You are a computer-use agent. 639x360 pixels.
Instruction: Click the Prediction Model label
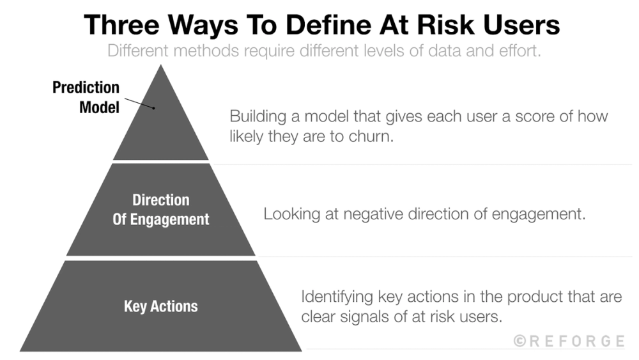[86, 97]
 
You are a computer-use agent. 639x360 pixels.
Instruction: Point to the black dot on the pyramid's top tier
[154, 108]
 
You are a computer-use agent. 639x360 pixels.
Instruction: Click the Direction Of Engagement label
[161, 210]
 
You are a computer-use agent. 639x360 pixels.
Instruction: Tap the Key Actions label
[161, 306]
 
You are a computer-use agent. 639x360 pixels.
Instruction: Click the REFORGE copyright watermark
[569, 341]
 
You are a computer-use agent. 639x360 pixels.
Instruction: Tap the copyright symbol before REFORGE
[521, 341]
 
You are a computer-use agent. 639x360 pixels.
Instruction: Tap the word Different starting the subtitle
[136, 51]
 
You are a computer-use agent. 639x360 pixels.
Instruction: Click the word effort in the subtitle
[520, 51]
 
